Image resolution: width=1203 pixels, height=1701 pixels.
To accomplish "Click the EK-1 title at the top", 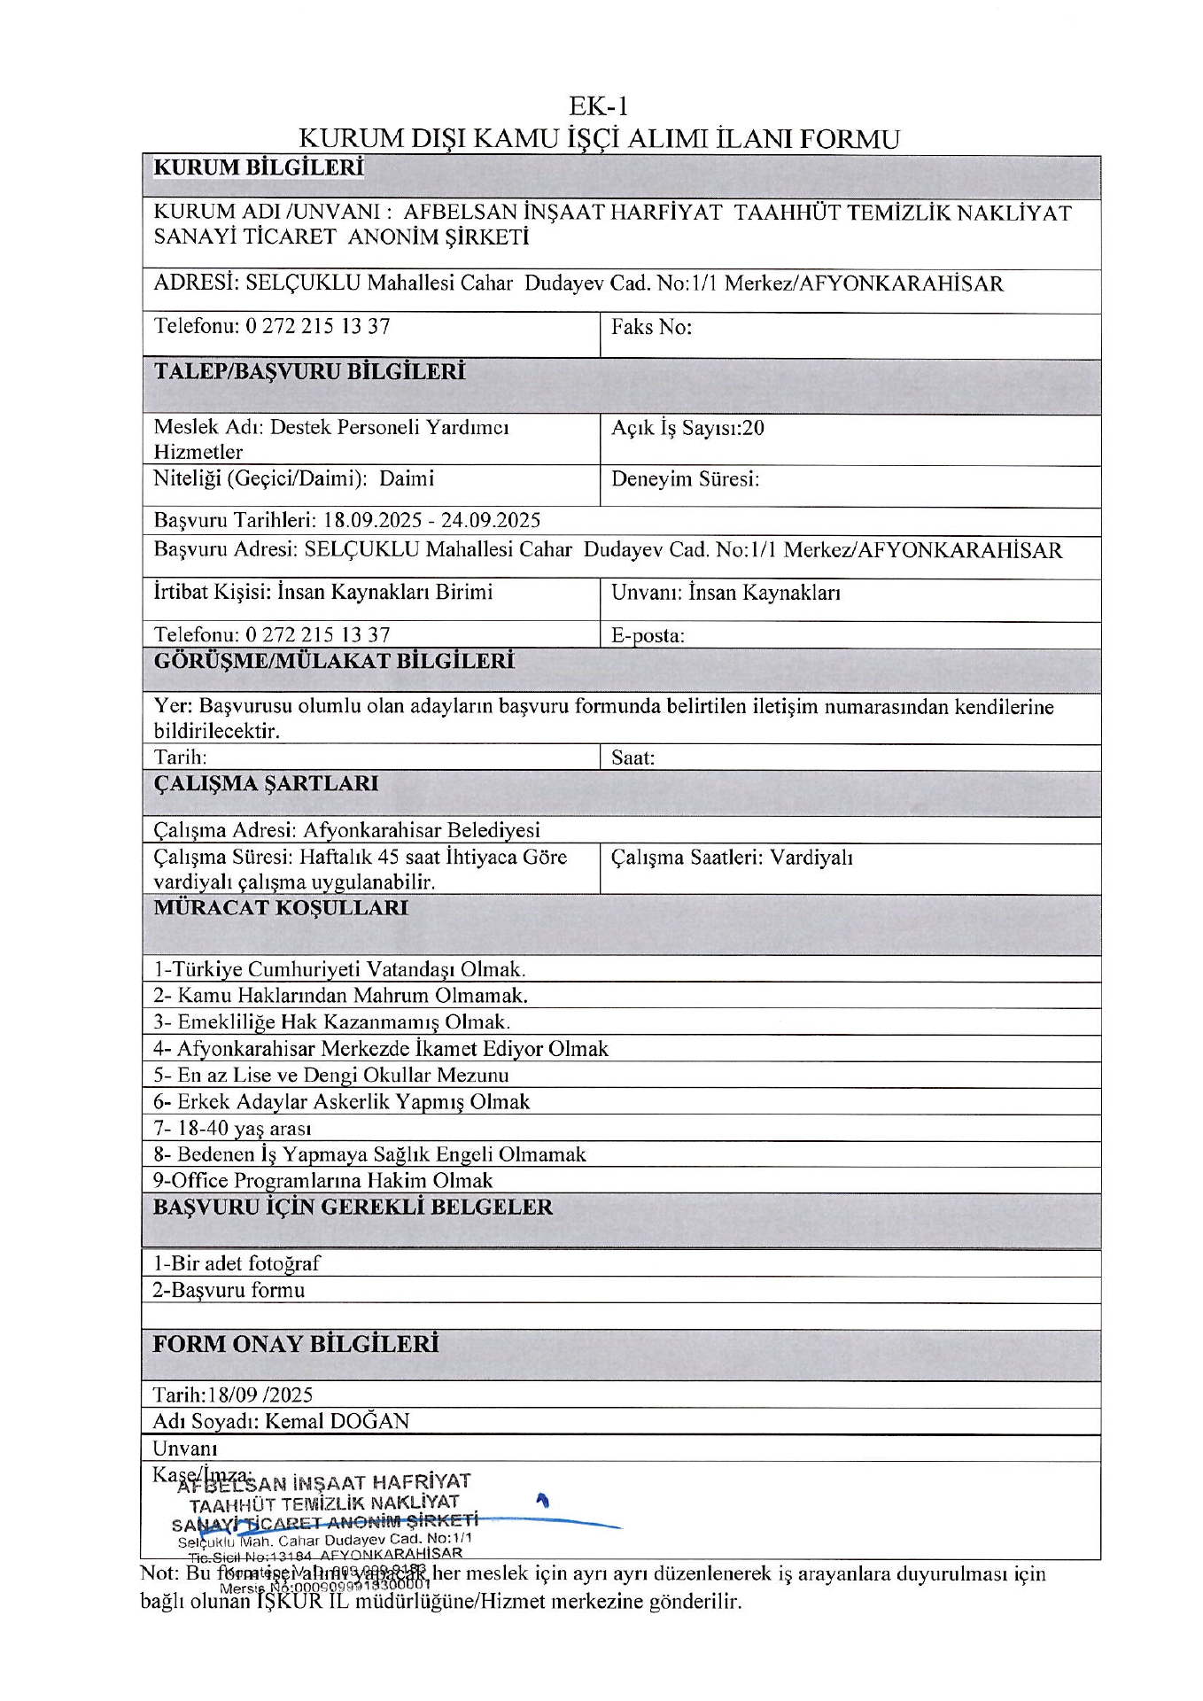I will tap(599, 107).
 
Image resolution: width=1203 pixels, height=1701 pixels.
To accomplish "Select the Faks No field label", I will tap(651, 328).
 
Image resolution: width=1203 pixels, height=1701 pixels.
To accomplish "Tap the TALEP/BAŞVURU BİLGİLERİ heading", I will tap(309, 372).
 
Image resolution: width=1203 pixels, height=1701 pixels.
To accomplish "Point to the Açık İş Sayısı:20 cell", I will tap(687, 429).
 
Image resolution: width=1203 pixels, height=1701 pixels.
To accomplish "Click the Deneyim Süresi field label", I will tap(685, 480).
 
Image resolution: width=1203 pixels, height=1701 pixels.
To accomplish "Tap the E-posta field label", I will tap(648, 635).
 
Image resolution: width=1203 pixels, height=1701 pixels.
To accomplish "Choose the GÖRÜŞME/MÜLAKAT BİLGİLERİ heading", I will tap(334, 662).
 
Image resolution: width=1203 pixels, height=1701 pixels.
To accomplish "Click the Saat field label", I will tap(633, 758).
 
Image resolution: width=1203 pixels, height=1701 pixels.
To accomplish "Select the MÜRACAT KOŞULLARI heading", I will tap(281, 908).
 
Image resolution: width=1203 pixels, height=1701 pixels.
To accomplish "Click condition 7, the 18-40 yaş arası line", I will tap(232, 1129).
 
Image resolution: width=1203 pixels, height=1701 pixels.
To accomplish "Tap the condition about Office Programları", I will tap(322, 1181).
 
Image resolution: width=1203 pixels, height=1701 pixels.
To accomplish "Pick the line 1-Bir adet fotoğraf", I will tap(237, 1264).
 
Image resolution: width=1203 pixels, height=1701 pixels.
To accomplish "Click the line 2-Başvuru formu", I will tap(229, 1291).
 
